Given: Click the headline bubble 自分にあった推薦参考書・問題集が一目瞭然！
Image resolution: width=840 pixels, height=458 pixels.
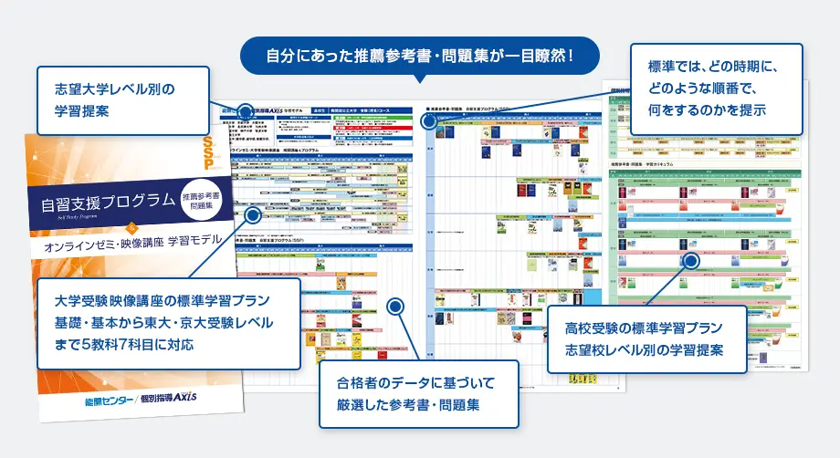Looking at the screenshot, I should pos(419,56).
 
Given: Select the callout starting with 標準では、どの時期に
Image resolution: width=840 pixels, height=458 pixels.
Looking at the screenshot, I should pos(716,88).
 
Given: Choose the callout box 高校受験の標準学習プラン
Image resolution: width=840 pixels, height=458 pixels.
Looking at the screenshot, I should pos(646,338).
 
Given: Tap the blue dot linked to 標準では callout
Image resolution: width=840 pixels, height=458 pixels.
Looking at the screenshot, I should pos(429,119).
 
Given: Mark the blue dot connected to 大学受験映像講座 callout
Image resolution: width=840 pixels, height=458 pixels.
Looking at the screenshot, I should pos(252,215).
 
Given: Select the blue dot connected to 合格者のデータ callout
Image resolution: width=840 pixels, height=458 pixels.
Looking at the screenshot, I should pos(395,306).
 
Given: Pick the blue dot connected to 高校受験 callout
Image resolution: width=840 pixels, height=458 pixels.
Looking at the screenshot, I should pos(690,261).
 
